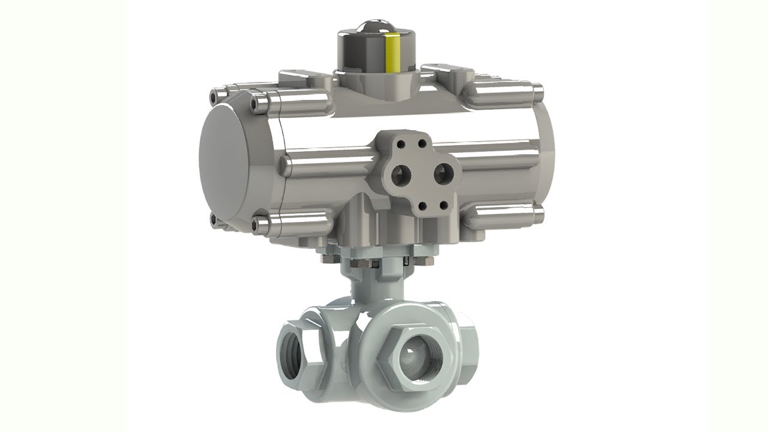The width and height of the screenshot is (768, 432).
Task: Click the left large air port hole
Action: click(x=399, y=176)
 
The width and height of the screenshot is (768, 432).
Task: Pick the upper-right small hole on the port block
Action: click(x=422, y=143)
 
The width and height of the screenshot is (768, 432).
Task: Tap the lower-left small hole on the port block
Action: click(x=422, y=206)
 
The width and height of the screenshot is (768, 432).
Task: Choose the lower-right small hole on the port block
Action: click(x=443, y=205)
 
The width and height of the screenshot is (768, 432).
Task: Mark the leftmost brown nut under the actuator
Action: click(x=328, y=259)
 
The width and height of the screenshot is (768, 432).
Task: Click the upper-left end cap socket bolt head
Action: click(x=214, y=97)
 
